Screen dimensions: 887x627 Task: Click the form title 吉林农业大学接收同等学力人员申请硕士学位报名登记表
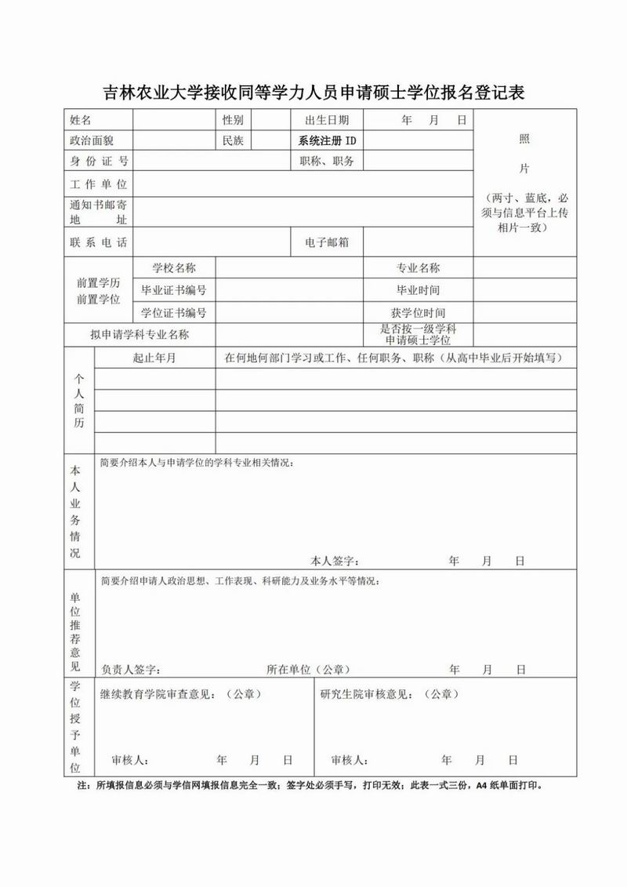(313, 93)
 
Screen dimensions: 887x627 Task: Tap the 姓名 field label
(81, 120)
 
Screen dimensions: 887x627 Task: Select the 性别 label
(233, 120)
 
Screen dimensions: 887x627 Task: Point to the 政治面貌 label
(92, 141)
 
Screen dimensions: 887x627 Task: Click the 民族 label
(233, 141)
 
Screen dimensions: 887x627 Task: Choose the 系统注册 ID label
(327, 141)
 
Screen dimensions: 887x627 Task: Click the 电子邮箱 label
(327, 243)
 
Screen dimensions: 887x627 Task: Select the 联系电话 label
(98, 243)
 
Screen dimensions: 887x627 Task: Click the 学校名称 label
(174, 268)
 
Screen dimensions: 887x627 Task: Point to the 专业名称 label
(418, 268)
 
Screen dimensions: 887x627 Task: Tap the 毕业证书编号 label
(174, 290)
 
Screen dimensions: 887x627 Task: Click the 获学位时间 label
(418, 313)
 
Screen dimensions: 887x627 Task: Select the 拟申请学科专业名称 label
(140, 335)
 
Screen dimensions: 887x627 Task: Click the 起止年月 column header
(154, 358)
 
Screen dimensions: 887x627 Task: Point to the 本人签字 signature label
(335, 562)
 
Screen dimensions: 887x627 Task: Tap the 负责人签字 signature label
(131, 670)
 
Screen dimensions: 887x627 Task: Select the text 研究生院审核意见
(368, 695)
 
